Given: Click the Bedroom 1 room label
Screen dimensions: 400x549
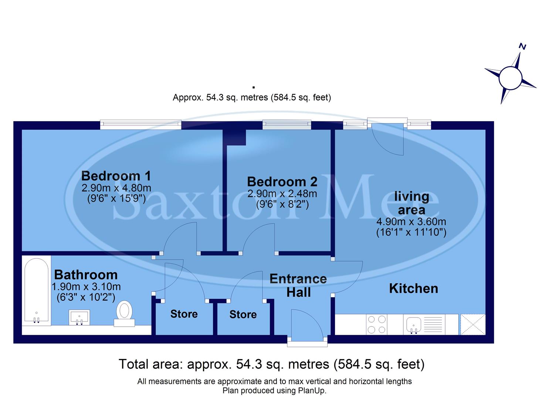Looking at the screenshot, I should (x=116, y=176).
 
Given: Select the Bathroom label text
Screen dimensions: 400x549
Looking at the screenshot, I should (x=86, y=275).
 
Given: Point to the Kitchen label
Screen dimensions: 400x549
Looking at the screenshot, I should (x=413, y=289).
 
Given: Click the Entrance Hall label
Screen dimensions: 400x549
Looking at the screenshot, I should (x=298, y=286).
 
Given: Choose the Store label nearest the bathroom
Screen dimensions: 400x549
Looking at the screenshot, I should (x=184, y=314).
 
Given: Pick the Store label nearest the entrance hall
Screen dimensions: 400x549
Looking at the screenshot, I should (x=243, y=314).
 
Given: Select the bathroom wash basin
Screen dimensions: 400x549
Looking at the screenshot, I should (x=79, y=318).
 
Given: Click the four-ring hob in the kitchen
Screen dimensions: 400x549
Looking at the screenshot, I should (x=377, y=324).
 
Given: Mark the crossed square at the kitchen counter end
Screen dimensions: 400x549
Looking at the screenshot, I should (x=472, y=324).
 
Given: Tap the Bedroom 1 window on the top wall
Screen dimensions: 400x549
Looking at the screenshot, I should (x=140, y=124).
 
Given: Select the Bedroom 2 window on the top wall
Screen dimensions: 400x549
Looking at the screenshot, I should (x=287, y=124).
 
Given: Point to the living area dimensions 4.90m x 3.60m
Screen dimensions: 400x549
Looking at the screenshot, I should (x=411, y=222).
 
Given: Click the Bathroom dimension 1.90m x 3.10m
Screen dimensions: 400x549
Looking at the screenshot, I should (x=86, y=287).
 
